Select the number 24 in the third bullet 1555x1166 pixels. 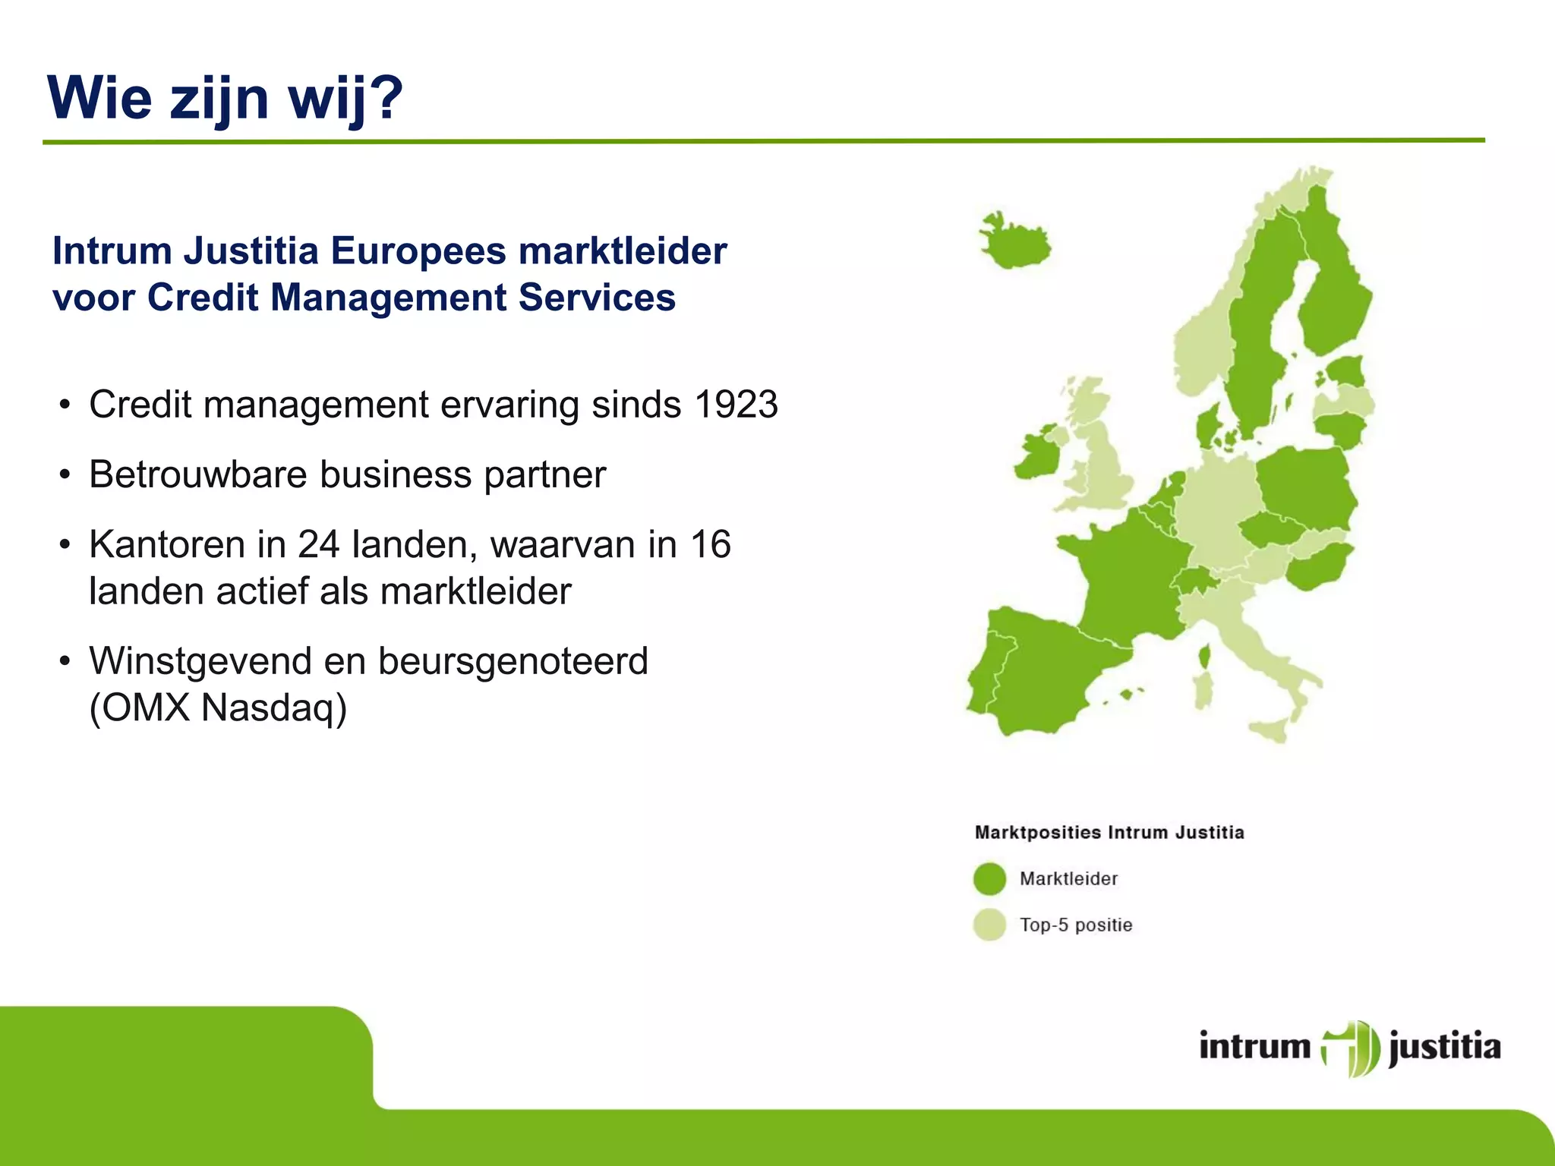318,545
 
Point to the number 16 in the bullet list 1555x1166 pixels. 710,545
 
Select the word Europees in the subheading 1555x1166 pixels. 418,251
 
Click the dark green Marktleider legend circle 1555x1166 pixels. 989,879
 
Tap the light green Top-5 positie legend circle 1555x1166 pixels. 989,925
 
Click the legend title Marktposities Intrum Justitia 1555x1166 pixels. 1109,833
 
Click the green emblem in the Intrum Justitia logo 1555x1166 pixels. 1350,1048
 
